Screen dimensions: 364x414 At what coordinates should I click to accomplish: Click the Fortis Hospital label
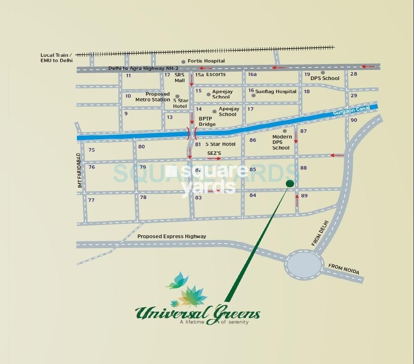pos(206,61)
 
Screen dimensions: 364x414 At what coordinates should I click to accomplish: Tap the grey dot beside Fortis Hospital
pos(183,62)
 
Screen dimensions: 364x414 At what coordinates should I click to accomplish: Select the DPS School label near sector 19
pos(325,78)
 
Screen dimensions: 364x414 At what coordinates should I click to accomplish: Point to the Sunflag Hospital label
pos(276,92)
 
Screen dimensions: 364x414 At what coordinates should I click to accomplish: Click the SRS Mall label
pos(180,78)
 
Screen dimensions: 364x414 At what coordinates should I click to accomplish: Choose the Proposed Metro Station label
pos(153,97)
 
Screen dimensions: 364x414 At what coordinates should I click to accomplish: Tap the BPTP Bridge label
pos(207,121)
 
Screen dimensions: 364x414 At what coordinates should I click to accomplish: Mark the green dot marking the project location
pos(290,183)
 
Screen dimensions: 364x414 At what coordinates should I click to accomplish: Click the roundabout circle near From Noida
pos(304,264)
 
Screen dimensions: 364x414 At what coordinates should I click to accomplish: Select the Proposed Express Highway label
pos(172,237)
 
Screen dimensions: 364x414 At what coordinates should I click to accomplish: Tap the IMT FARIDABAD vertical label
pos(80,170)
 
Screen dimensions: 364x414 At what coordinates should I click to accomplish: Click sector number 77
pos(91,200)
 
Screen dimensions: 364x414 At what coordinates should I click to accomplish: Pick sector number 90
pos(354,120)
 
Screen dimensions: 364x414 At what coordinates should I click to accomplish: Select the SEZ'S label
pos(214,153)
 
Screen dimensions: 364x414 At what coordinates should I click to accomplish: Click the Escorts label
pos(216,75)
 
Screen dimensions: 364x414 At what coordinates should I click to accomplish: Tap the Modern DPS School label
pos(281,142)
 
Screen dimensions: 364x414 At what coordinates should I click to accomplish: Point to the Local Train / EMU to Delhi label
pos(56,58)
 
